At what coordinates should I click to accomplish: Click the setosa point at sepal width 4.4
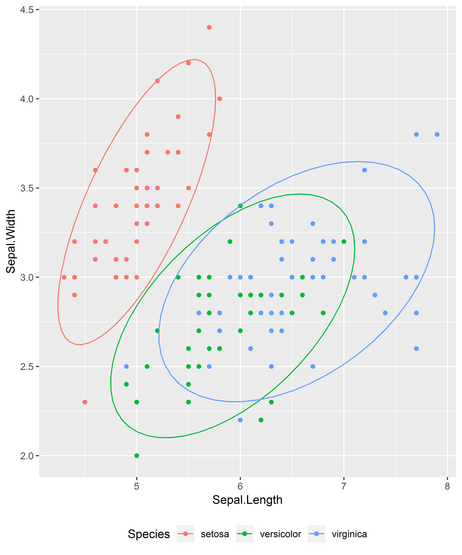pos(209,27)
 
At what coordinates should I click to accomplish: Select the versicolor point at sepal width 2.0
pos(137,456)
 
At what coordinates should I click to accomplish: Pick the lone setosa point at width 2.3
pos(85,402)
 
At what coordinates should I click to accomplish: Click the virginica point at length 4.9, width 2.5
pos(126,366)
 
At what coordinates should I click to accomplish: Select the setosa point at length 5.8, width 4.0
pos(219,99)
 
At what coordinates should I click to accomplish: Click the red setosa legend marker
pos(186,534)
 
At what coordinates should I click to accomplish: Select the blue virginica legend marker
pos(316,534)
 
